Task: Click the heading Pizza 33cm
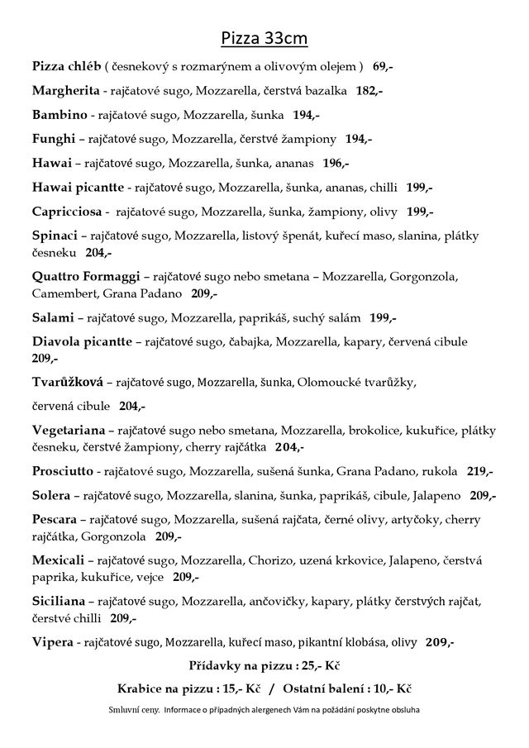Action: coord(264,39)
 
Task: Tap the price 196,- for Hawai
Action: coord(336,162)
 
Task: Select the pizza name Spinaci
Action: coord(55,235)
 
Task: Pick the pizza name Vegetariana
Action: coord(69,430)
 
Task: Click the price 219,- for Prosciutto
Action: coord(479,471)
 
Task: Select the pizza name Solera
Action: coord(52,495)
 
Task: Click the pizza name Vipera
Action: coord(51,641)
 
